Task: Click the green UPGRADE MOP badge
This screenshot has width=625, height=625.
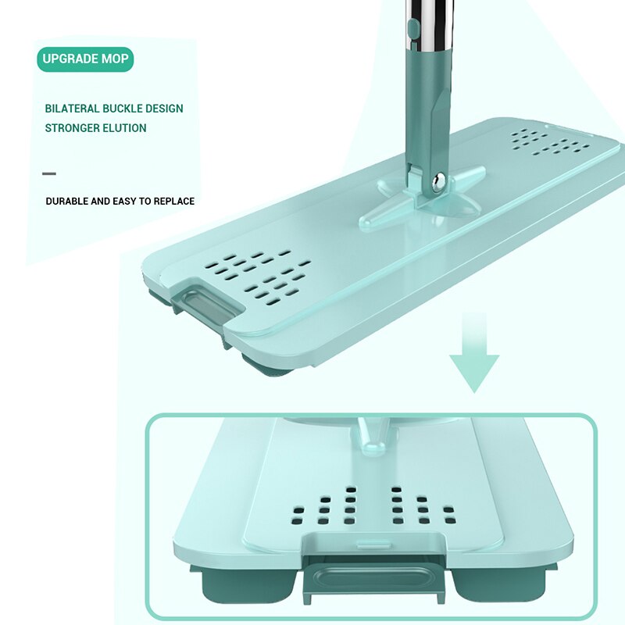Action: click(x=85, y=59)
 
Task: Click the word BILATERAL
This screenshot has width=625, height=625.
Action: click(x=72, y=109)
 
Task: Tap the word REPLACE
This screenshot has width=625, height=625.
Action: click(x=174, y=202)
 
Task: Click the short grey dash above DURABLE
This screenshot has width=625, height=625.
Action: click(x=49, y=173)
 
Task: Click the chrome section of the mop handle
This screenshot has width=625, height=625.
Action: click(x=429, y=24)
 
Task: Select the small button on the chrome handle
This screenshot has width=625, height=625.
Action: click(x=413, y=29)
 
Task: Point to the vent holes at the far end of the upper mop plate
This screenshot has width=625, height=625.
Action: click(x=550, y=142)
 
